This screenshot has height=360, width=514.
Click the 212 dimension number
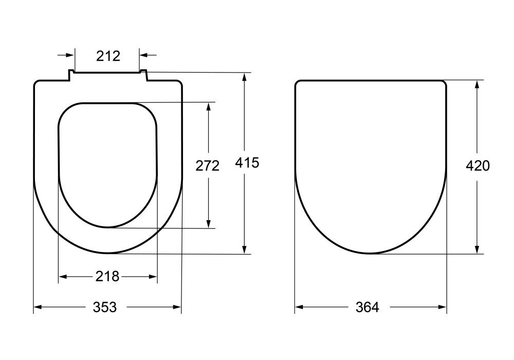pos(108,56)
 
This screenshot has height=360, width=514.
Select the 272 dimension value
pos(208,166)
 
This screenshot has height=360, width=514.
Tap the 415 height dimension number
pos(247,163)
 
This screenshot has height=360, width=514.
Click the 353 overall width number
pos(105,307)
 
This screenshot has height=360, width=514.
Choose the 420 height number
pos(478,166)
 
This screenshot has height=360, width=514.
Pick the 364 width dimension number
pos(367,307)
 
